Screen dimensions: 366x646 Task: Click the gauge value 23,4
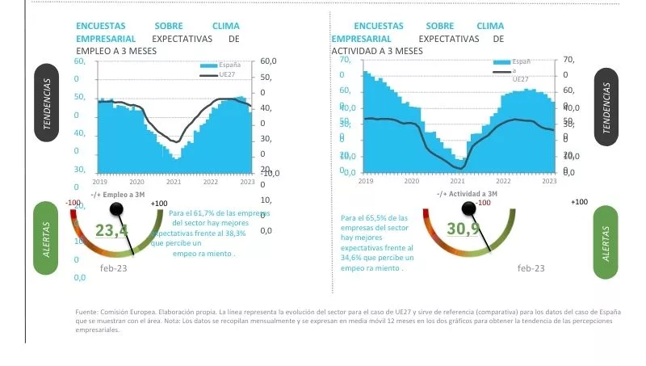[x=111, y=231]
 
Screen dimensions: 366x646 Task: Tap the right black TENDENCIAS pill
[x=606, y=107]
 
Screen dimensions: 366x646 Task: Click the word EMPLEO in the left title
[x=90, y=51]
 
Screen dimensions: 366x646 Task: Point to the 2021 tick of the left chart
[x=174, y=182]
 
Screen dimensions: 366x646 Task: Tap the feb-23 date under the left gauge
[x=114, y=267]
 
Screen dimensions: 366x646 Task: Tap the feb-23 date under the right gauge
[x=531, y=268]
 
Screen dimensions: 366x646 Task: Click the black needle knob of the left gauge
[x=117, y=210]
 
